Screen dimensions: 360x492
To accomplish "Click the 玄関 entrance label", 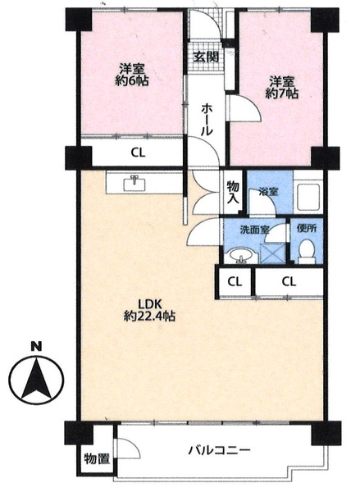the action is [206, 57].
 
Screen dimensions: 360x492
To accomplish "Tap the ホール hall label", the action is [207, 120].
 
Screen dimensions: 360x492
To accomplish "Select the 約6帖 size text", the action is [131, 81].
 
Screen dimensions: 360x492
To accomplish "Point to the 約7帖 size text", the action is [281, 93].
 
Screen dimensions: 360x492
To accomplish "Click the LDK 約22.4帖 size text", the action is [150, 317].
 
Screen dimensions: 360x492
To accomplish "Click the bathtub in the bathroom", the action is [308, 198].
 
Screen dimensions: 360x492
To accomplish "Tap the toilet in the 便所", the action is [307, 252].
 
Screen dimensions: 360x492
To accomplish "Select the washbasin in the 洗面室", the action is [241, 255].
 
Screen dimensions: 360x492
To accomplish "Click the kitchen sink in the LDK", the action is [135, 184].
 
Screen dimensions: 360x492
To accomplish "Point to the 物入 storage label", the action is [233, 193].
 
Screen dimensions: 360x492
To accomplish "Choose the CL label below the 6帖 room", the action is [138, 153].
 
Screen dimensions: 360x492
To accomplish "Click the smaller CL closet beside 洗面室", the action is [235, 282].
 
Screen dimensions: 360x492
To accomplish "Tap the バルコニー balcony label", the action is [220, 451].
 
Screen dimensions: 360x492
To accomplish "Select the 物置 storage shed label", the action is [97, 459].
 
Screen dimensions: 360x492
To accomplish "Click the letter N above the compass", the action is [36, 346].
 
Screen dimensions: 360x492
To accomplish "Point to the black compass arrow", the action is [36, 380].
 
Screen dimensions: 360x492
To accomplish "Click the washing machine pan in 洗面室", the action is [272, 253].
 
